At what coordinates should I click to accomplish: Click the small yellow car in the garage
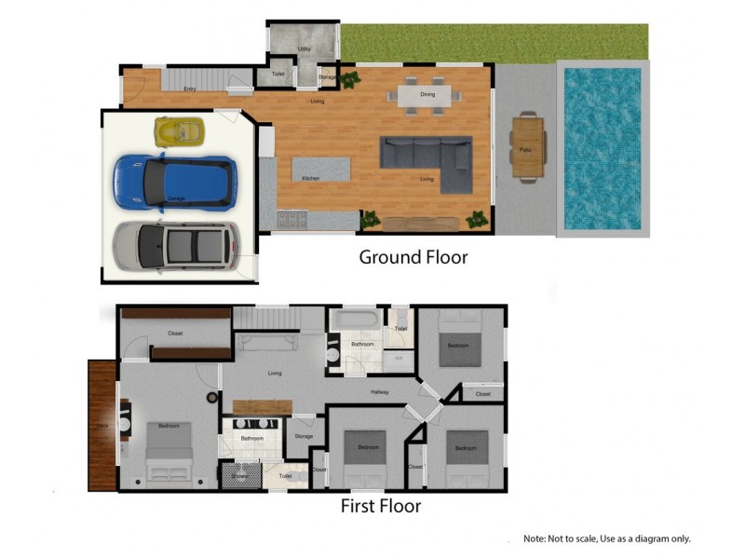(x=179, y=131)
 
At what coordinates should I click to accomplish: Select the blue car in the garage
(x=174, y=181)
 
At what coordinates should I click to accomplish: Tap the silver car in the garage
(x=174, y=245)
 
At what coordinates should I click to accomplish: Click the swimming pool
(x=602, y=147)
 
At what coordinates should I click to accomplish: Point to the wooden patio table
(x=526, y=146)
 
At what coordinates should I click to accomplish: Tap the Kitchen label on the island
(x=311, y=178)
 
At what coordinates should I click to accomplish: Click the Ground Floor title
(x=413, y=257)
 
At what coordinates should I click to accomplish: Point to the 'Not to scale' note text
(x=606, y=539)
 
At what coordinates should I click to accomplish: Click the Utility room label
(x=304, y=48)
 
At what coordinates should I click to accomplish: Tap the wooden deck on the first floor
(x=102, y=427)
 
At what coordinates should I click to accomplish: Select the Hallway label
(x=379, y=391)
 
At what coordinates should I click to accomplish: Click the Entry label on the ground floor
(x=189, y=89)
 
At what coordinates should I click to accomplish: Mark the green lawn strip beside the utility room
(x=494, y=43)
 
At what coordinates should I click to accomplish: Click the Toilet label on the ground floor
(x=278, y=74)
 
